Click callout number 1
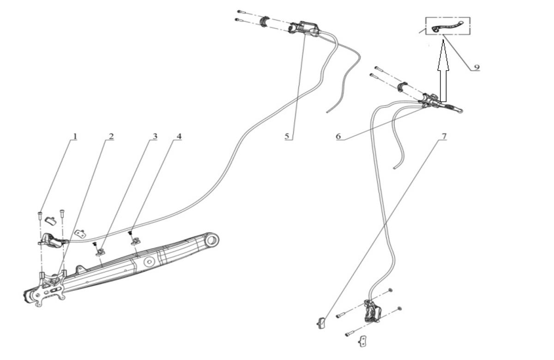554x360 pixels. (75, 137)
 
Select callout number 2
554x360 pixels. (111, 137)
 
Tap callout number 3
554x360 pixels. (155, 137)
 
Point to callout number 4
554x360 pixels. (179, 137)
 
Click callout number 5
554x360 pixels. (287, 136)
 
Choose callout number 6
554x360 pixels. (338, 136)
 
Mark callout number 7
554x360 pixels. (444, 136)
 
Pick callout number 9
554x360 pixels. (477, 67)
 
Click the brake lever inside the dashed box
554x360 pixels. (448, 26)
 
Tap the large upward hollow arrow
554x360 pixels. (443, 72)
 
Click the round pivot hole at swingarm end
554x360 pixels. (212, 240)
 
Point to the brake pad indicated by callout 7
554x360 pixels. (321, 323)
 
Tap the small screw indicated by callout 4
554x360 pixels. (129, 233)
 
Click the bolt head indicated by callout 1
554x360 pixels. (40, 213)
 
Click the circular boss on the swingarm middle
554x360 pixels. (149, 262)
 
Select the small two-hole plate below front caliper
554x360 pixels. (362, 341)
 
